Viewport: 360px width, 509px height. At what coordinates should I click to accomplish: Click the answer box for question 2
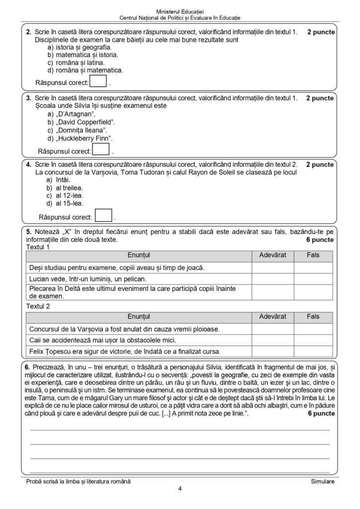click(x=98, y=81)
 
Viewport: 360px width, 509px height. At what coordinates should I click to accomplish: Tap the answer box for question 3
click(x=101, y=150)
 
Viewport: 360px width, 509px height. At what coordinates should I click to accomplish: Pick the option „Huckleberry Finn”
click(x=80, y=138)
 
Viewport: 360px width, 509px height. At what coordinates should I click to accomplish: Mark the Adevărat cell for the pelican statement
click(x=272, y=279)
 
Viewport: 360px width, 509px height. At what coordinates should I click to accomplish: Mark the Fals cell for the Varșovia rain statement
click(x=313, y=329)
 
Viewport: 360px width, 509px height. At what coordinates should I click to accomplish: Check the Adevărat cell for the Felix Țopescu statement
click(x=272, y=352)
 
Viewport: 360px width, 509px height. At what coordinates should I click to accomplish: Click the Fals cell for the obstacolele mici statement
click(x=313, y=340)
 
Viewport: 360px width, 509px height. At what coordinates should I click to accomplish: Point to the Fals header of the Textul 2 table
click(x=313, y=317)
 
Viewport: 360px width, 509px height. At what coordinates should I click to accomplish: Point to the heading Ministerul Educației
click(x=180, y=10)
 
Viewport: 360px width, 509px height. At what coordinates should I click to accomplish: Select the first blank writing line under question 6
click(x=180, y=429)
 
